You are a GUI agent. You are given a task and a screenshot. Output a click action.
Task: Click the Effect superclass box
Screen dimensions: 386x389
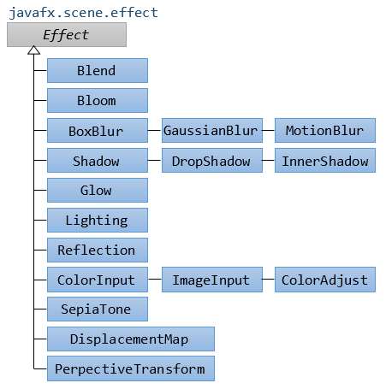[x=67, y=35]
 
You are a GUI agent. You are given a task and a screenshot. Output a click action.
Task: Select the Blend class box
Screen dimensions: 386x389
[x=98, y=71]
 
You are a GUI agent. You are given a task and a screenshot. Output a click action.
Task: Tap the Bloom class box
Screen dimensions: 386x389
[x=98, y=100]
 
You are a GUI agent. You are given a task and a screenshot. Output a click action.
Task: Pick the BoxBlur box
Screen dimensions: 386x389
[x=98, y=131]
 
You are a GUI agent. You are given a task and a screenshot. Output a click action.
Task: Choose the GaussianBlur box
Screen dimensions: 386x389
[x=212, y=131]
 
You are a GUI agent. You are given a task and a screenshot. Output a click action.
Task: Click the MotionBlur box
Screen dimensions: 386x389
[x=325, y=131]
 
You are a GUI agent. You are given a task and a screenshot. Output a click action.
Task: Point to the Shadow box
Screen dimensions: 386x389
[x=98, y=160]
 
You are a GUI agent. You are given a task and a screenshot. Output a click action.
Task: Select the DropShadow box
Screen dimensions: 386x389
[x=212, y=160]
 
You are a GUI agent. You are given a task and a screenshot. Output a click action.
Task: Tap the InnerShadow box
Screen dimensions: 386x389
[x=325, y=160]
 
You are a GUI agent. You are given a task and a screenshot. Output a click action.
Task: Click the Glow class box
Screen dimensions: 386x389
[x=98, y=191]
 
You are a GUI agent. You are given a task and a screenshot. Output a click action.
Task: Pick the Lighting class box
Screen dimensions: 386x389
[x=98, y=220]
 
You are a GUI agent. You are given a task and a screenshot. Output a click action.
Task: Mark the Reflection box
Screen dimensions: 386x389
[x=98, y=250]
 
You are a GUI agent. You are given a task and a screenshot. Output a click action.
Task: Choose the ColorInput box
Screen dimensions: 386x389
[x=98, y=280]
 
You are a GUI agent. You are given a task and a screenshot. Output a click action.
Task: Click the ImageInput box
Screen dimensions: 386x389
[x=212, y=280]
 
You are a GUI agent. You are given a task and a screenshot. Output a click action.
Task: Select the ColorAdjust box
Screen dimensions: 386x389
[x=325, y=280]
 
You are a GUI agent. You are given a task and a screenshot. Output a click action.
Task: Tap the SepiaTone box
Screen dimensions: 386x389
[x=98, y=309]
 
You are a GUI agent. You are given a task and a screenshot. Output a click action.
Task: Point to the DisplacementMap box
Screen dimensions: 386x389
[x=131, y=339]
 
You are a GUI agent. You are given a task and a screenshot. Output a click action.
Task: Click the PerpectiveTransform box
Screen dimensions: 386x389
[x=131, y=368]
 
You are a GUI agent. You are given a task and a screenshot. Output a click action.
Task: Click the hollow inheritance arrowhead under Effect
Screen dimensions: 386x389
[x=34, y=50]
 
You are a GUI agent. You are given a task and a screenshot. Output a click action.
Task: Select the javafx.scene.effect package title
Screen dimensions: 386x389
[x=83, y=13]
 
